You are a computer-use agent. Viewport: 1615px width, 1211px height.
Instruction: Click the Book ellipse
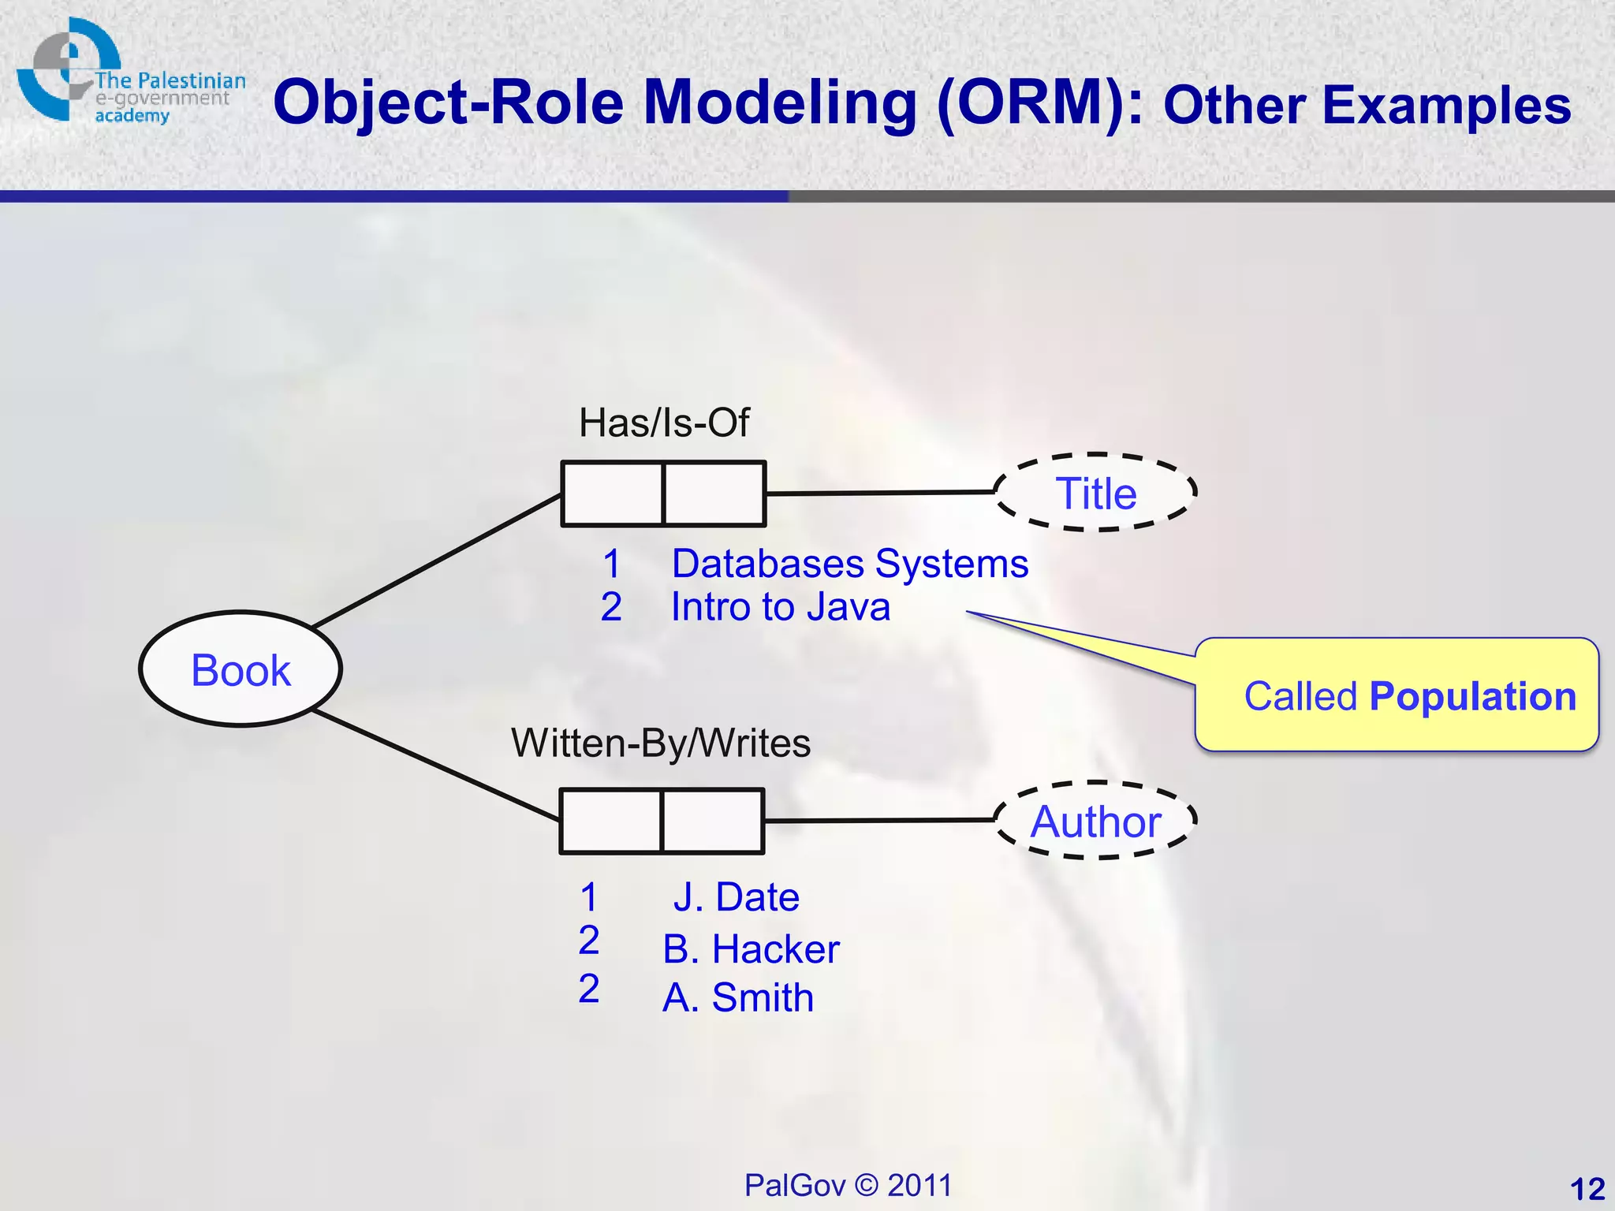pyautogui.click(x=241, y=669)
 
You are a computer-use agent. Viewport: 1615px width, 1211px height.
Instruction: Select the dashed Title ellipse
pyautogui.click(x=1095, y=493)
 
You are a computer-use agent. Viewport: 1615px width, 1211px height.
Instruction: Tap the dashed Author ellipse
pyautogui.click(x=1095, y=821)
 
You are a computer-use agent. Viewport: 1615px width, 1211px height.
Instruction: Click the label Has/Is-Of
pyautogui.click(x=664, y=423)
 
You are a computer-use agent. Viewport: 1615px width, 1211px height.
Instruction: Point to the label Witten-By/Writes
pyautogui.click(x=661, y=743)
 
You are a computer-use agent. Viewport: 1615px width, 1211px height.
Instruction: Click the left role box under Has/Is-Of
pyautogui.click(x=612, y=494)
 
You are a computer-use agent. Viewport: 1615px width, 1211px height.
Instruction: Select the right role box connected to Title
pyautogui.click(x=714, y=494)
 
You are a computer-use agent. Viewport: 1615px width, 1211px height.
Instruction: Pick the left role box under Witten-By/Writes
pyautogui.click(x=610, y=821)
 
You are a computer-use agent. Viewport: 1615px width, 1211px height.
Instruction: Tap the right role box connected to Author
pyautogui.click(x=713, y=821)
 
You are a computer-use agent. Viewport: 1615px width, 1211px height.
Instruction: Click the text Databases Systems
pyautogui.click(x=850, y=564)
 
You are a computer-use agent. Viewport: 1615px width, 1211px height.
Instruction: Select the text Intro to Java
pyautogui.click(x=781, y=607)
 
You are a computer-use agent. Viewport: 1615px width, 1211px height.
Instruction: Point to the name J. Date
pyautogui.click(x=736, y=897)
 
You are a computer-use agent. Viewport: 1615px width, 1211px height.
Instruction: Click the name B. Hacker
pyautogui.click(x=751, y=948)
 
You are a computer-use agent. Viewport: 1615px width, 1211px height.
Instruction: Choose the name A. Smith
pyautogui.click(x=738, y=997)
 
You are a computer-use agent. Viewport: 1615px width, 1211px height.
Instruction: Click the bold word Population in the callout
pyautogui.click(x=1472, y=696)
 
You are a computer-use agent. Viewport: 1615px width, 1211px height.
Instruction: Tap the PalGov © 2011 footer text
pyautogui.click(x=848, y=1185)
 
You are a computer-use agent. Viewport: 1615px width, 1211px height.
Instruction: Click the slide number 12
pyautogui.click(x=1587, y=1188)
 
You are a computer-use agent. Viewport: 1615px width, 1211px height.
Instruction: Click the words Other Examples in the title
pyautogui.click(x=1367, y=105)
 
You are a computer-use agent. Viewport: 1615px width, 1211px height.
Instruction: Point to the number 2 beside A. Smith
pyautogui.click(x=589, y=989)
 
